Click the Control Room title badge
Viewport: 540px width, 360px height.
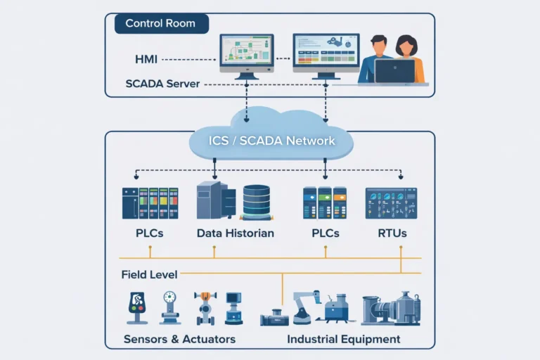(x=162, y=23)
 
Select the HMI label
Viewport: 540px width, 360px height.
(x=147, y=59)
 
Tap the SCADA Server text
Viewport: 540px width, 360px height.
(x=162, y=84)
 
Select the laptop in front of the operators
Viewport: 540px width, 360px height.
(x=394, y=72)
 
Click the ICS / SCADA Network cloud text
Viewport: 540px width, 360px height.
(x=271, y=141)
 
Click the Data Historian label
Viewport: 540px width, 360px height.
(x=235, y=233)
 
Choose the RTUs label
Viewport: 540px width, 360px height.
(x=392, y=233)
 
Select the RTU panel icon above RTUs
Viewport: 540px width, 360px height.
(x=391, y=202)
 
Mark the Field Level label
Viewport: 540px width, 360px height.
(x=149, y=274)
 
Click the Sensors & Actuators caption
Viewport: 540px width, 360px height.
(x=179, y=339)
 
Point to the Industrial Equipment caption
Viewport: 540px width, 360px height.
(x=344, y=339)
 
